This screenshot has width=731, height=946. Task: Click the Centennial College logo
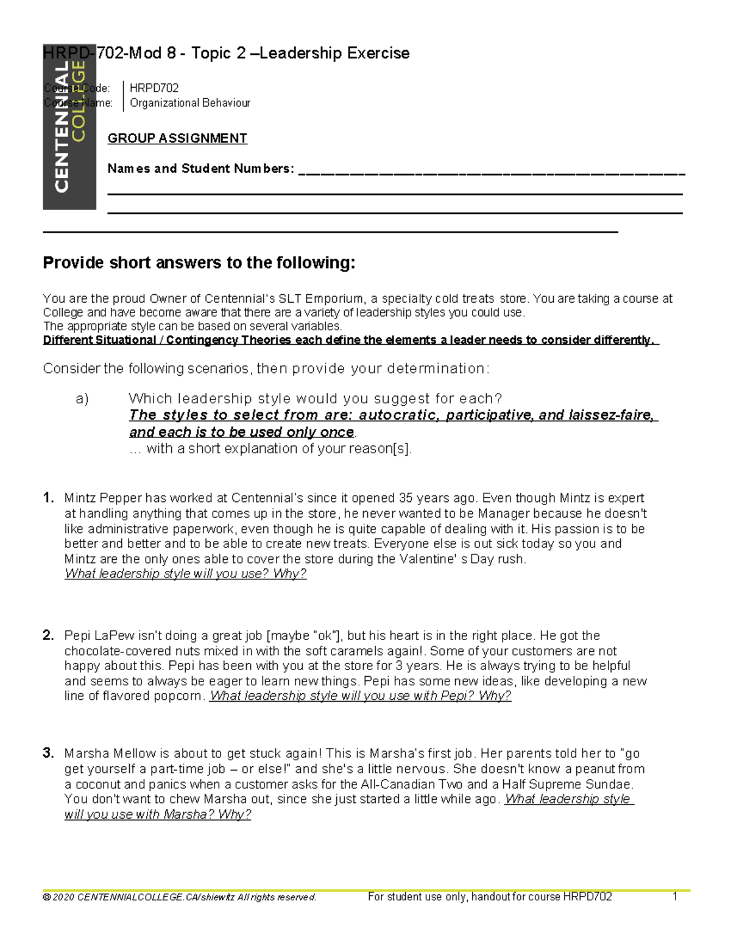coord(69,127)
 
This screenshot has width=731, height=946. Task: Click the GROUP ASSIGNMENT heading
coord(177,138)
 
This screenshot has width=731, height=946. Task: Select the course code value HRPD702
coord(154,88)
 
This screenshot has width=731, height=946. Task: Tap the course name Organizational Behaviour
coord(190,103)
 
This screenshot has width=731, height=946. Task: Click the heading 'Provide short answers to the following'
coord(199,263)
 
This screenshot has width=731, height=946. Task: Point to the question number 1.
coord(49,498)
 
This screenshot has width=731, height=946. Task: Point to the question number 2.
coord(49,635)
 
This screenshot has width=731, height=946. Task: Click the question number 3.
coord(49,753)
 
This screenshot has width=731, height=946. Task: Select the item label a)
coord(82,399)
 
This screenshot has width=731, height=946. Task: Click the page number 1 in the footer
coord(675,897)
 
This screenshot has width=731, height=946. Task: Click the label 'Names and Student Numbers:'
coord(200,169)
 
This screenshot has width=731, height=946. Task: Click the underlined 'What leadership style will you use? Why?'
coord(185,574)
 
